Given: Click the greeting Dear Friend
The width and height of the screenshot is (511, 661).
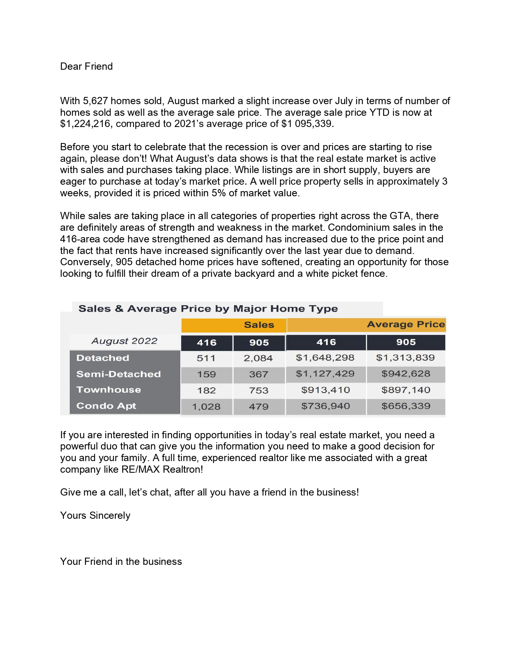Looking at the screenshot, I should click(x=86, y=67).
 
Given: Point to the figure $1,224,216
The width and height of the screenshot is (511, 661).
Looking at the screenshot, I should click(x=85, y=124).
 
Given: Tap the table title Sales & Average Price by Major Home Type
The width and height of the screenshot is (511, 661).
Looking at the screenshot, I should click(x=208, y=309).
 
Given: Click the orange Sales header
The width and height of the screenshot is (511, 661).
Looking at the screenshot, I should click(x=259, y=325).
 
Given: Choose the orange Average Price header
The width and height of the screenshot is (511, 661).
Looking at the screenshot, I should click(x=406, y=324).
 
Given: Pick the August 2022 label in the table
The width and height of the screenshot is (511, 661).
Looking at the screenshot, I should click(x=124, y=341).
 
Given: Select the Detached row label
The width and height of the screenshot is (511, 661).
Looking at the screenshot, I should click(x=103, y=358).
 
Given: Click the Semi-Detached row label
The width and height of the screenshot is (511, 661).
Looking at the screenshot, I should click(x=118, y=374).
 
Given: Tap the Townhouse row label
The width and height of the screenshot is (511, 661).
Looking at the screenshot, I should click(x=109, y=390).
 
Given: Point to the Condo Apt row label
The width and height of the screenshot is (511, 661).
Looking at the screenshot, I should click(x=106, y=406).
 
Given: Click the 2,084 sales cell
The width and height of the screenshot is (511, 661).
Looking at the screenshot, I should click(x=258, y=359).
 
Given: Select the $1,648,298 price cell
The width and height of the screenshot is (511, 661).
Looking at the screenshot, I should click(x=325, y=358).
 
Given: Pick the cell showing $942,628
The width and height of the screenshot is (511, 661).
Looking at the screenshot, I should click(x=406, y=374).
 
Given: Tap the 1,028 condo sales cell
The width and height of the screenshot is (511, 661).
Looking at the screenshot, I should click(x=206, y=407).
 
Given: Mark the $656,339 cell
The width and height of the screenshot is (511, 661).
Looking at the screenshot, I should click(x=406, y=406).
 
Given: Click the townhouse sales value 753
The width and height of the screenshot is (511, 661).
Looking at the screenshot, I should click(x=259, y=391).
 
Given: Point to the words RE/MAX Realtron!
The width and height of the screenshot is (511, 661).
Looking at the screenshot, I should click(x=162, y=470).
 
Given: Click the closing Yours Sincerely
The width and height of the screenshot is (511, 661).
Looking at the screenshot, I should click(x=95, y=516).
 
